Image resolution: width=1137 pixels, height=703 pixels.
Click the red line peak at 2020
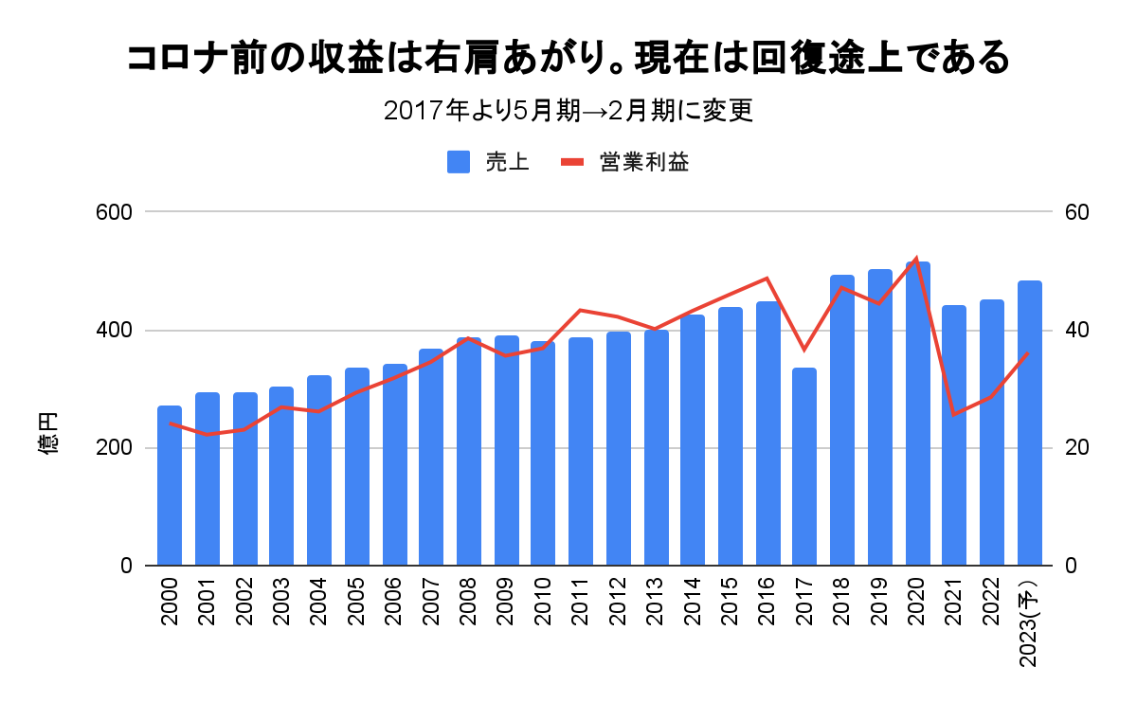pos(916,259)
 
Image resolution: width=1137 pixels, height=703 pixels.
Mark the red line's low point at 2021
pos(954,414)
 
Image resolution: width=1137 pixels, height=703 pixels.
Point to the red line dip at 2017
pos(803,350)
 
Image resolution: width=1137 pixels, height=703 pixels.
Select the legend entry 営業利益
pos(625,162)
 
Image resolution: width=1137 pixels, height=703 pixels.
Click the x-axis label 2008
pos(468,601)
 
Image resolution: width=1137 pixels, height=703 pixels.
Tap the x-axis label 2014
pos(692,601)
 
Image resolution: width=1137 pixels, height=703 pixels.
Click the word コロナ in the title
pos(171,59)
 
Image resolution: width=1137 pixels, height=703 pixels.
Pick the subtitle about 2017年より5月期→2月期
pos(568,111)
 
